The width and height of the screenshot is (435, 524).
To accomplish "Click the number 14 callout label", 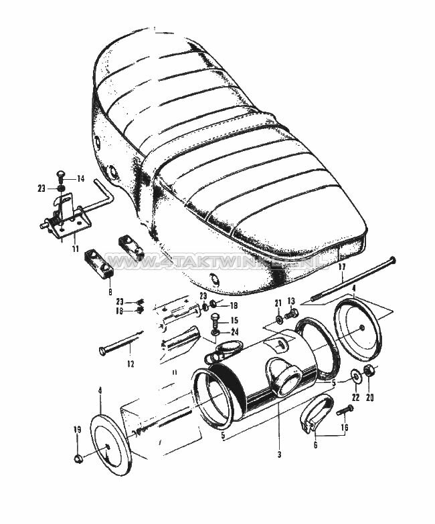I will tap(80, 179).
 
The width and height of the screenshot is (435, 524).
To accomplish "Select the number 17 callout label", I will tap(341, 267).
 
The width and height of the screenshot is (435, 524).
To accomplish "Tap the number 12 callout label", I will tap(130, 364).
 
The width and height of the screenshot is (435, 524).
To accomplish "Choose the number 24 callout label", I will tap(234, 332).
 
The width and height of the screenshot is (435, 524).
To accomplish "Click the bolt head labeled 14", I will tap(62, 178).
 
